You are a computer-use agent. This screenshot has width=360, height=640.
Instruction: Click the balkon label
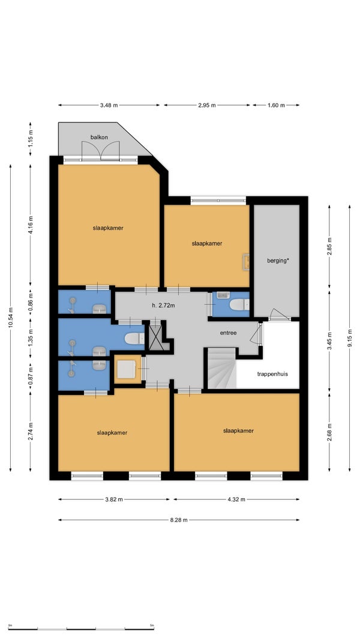(99, 137)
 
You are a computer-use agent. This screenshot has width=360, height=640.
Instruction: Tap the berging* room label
(278, 261)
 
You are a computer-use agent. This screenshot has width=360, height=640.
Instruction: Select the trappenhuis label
(272, 373)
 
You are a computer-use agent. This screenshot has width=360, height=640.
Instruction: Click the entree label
(229, 333)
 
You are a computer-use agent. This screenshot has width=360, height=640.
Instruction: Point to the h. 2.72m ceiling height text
(163, 305)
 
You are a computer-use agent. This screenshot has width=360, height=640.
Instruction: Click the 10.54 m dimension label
(11, 318)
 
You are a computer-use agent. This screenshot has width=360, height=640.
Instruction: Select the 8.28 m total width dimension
(179, 520)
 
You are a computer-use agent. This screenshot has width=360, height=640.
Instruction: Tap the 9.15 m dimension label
(349, 339)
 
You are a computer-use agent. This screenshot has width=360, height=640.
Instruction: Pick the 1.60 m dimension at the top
(276, 105)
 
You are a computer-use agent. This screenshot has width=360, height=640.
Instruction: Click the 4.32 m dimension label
(236, 499)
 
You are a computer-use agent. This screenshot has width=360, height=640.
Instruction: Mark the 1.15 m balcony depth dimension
(31, 139)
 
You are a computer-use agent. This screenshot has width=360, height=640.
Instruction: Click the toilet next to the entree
(239, 304)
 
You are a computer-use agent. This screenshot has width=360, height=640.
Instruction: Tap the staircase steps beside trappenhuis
(222, 368)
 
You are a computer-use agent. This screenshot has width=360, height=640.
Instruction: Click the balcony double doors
(101, 151)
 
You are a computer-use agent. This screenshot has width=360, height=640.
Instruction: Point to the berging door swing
(279, 314)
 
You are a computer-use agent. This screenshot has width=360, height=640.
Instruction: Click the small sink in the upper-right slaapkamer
(246, 262)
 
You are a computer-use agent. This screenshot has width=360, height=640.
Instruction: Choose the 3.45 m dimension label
(329, 342)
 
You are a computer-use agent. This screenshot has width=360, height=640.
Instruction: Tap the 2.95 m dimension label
(207, 105)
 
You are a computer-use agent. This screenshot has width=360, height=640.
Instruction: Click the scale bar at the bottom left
(81, 629)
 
